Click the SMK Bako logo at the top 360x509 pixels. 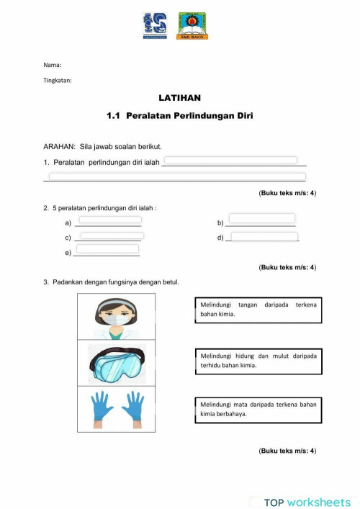(192, 26)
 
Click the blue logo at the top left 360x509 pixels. (155, 26)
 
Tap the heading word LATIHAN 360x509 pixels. (180, 97)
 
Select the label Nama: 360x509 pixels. (53, 66)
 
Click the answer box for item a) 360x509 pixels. (109, 220)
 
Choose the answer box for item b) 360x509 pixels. (261, 219)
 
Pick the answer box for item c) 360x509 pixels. (112, 235)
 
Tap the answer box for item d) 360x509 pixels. (264, 236)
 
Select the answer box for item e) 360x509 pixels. (107, 249)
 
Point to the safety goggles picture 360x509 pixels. (117, 364)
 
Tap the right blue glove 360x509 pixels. (134, 407)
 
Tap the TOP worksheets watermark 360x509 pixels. (307, 502)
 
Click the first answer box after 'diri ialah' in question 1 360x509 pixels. (231, 161)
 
